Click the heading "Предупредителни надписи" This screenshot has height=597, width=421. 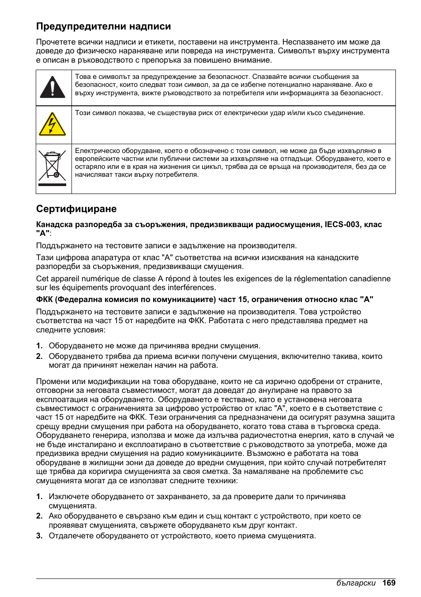[103, 26]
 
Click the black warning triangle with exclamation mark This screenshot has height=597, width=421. [53, 87]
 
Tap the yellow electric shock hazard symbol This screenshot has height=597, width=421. [52, 124]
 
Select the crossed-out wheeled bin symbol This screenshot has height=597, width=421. [52, 165]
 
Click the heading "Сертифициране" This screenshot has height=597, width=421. [76, 209]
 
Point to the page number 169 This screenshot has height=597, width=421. [388, 583]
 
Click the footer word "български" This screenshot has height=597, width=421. [356, 583]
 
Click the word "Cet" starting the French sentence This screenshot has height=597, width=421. [42, 279]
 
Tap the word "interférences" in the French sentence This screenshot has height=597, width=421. [193, 287]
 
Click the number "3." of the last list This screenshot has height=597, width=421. [39, 536]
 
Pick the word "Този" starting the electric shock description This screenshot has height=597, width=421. [83, 113]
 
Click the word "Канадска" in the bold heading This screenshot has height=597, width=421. [54, 224]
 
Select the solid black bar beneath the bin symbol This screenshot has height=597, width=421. [52, 185]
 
